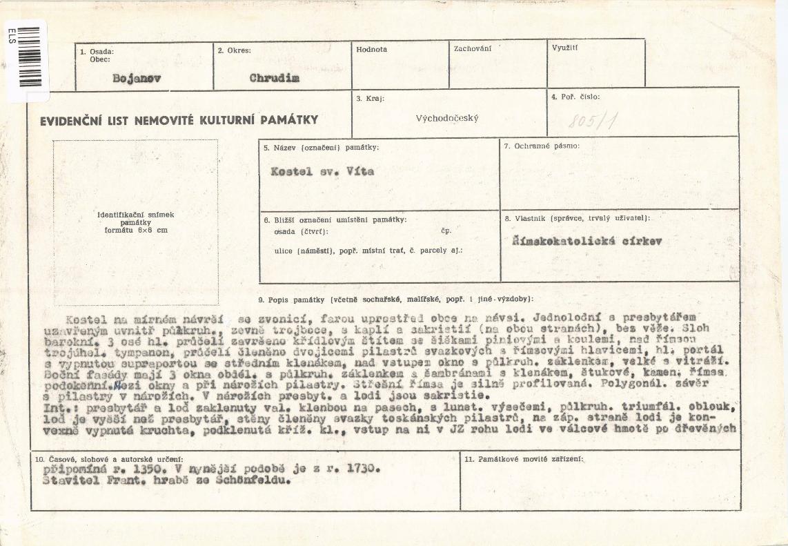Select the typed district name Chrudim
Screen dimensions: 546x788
[275, 77]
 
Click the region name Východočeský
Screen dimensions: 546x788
[447, 118]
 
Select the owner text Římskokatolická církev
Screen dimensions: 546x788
[587, 242]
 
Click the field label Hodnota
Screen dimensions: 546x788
[372, 50]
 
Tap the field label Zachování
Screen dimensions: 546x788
[473, 49]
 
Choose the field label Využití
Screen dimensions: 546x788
[565, 48]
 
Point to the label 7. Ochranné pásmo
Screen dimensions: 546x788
[542, 146]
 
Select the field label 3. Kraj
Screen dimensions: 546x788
[370, 99]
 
